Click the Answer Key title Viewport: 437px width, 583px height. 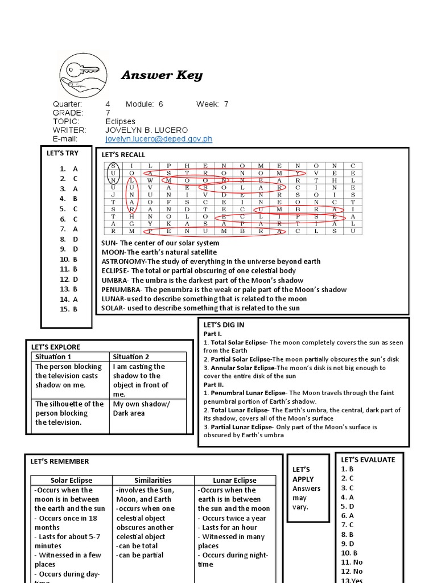pyautogui.click(x=162, y=75)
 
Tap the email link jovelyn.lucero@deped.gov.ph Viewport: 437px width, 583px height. pyautogui.click(x=159, y=139)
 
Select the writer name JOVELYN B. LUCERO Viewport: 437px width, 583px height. pyautogui.click(x=146, y=130)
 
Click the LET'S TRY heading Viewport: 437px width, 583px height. pyautogui.click(x=63, y=153)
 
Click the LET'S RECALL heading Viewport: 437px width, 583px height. pyautogui.click(x=123, y=154)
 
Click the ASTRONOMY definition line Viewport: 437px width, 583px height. pyautogui.click(x=211, y=261)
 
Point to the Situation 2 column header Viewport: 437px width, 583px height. pyautogui.click(x=131, y=356)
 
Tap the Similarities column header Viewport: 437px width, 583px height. pyautogui.click(x=153, y=480)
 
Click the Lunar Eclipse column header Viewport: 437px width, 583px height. pyautogui.click(x=234, y=480)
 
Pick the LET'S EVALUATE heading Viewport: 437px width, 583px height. pyautogui.click(x=368, y=459)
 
